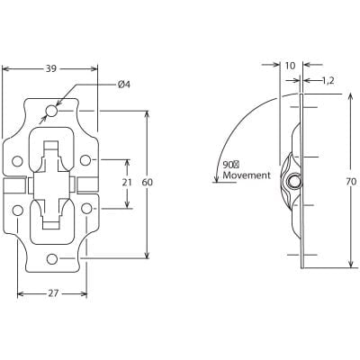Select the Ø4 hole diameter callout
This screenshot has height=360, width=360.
tap(123, 85)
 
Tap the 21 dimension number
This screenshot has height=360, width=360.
tap(127, 182)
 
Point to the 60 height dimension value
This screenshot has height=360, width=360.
tap(148, 183)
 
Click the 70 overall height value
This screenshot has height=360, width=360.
tap(350, 182)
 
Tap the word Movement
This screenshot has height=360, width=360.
tap(246, 175)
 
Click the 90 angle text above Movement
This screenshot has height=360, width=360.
tap(230, 165)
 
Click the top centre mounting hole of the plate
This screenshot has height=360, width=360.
tap(52, 112)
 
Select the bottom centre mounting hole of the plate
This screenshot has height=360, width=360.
tap(52, 259)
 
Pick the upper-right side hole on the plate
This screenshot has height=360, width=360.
tap(85, 160)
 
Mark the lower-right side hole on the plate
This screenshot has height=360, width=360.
tap(85, 209)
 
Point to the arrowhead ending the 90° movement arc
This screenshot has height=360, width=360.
tap(216, 181)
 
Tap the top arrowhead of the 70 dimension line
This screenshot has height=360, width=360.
tap(350, 98)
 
